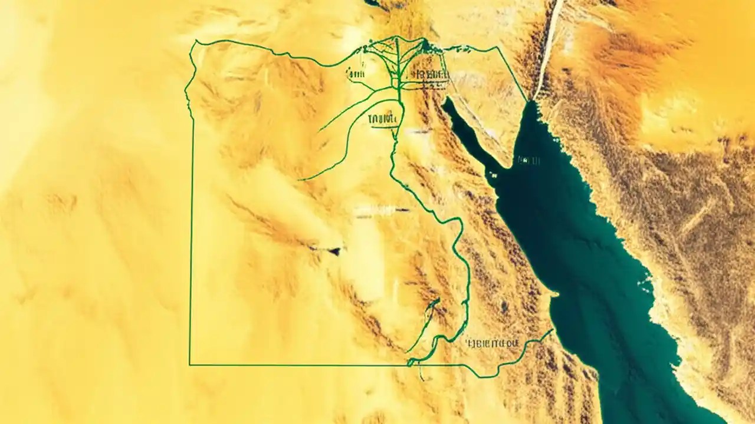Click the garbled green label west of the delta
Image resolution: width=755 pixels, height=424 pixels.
(355, 75)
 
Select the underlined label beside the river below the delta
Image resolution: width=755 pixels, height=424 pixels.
(383, 120)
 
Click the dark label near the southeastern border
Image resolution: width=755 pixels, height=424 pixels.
(491, 342)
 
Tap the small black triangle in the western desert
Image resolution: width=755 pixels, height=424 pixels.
(334, 251)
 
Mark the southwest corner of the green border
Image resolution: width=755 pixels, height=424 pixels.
(189, 365)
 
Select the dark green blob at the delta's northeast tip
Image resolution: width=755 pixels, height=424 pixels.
(436, 48)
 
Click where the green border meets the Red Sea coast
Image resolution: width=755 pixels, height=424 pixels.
(553, 331)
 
